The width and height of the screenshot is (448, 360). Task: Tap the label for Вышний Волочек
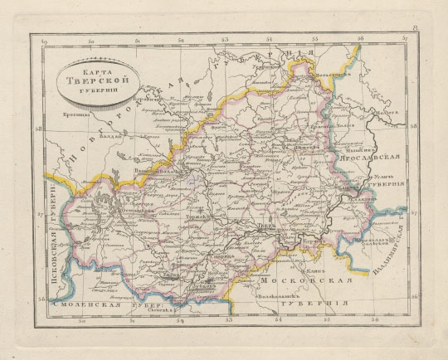coord(158,169)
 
